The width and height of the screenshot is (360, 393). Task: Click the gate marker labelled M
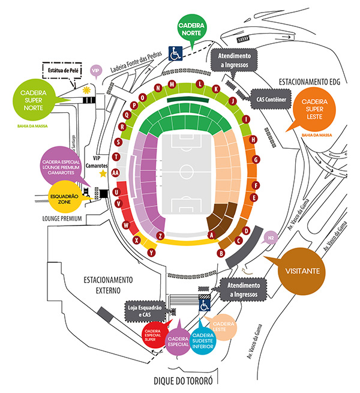pyautogui.click(x=172, y=83)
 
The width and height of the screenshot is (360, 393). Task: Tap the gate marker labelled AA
pyautogui.click(x=115, y=172)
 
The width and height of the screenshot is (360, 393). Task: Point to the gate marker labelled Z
pyautogui.click(x=160, y=236)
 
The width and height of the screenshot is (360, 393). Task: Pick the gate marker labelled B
pyautogui.click(x=221, y=253)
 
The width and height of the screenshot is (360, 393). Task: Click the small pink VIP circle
pyautogui.click(x=94, y=71)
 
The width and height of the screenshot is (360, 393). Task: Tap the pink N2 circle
pyautogui.click(x=271, y=236)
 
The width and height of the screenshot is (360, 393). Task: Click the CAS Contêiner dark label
pyautogui.click(x=273, y=99)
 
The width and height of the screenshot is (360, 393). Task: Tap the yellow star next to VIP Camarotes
pyautogui.click(x=103, y=173)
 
